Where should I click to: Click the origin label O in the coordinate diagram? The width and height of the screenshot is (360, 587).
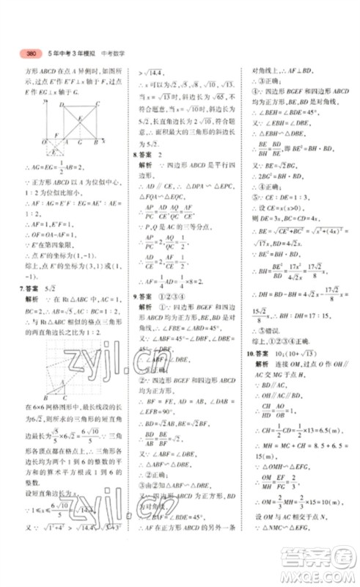click(45, 141)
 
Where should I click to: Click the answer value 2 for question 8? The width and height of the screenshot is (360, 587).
click(161, 156)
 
